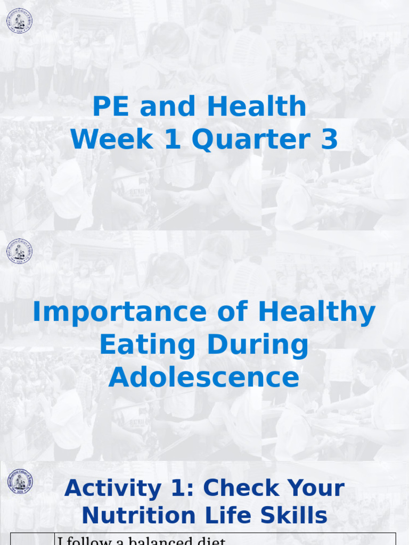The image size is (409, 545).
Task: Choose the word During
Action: coord(257,346)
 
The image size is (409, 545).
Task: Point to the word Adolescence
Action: coord(204,377)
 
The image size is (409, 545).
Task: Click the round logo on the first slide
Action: coord(19,21)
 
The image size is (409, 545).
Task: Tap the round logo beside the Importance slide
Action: coord(19,251)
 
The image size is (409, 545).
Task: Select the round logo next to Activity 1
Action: coord(20,482)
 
